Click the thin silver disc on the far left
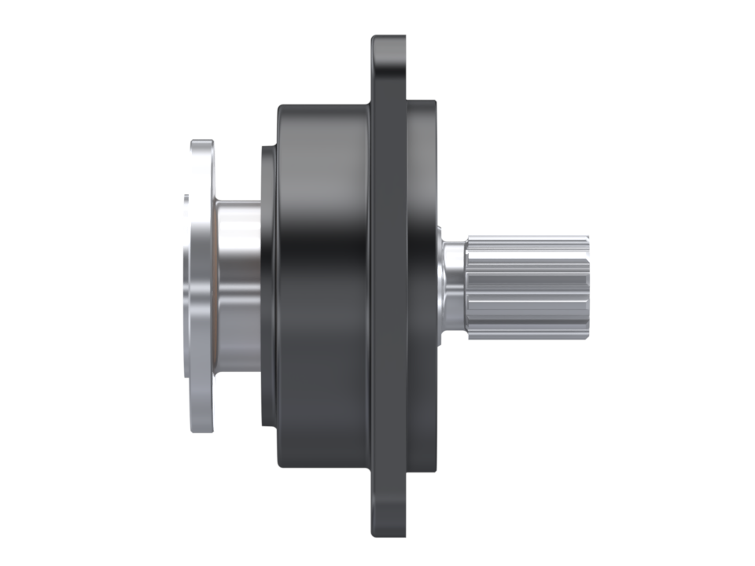pos(201,287)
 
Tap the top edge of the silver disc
pos(201,143)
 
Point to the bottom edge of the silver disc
pos(201,430)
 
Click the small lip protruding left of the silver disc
pos(186,287)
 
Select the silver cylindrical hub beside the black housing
pos(238,287)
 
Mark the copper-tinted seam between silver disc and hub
pos(215,287)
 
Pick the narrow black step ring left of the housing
pos(267,287)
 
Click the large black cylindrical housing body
pos(322,287)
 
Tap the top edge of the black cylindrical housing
pos(322,105)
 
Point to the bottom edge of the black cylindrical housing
pos(322,468)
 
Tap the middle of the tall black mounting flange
pos(389,287)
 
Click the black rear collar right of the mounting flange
pos(422,287)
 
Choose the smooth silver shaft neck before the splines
pos(453,287)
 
